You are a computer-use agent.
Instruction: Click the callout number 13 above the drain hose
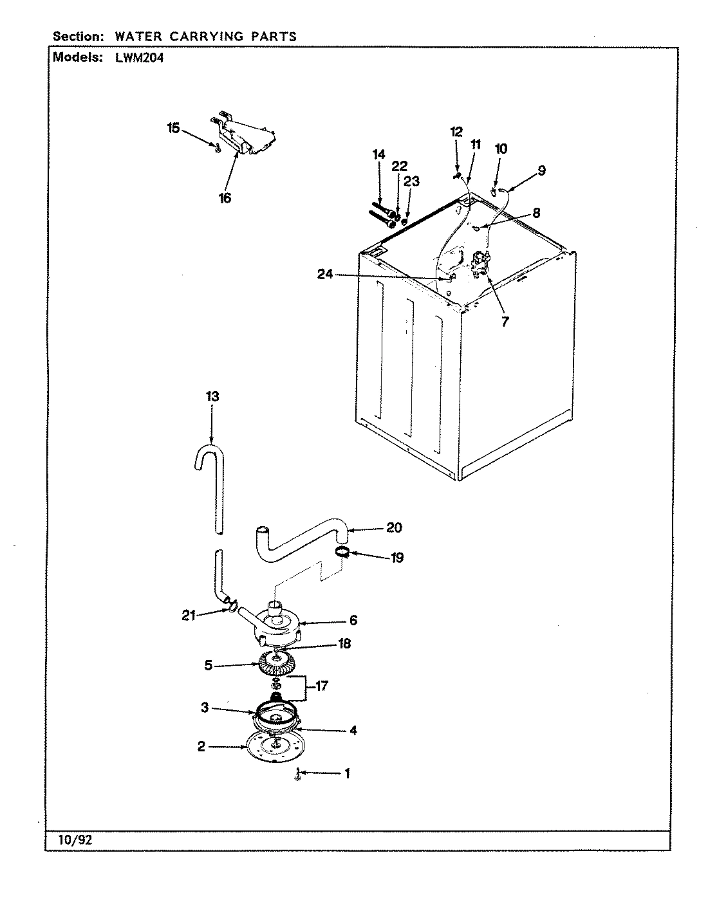tap(212, 396)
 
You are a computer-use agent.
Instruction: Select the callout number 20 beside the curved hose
tap(394, 527)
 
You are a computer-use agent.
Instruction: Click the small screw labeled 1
tap(297, 776)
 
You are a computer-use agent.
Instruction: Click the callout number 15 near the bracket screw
tap(173, 128)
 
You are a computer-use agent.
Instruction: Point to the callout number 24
tap(325, 274)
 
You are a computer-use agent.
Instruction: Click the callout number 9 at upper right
tap(541, 170)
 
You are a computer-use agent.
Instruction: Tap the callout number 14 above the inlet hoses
tap(378, 154)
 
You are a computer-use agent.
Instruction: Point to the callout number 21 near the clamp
tap(188, 616)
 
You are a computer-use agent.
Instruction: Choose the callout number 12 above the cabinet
tap(456, 132)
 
